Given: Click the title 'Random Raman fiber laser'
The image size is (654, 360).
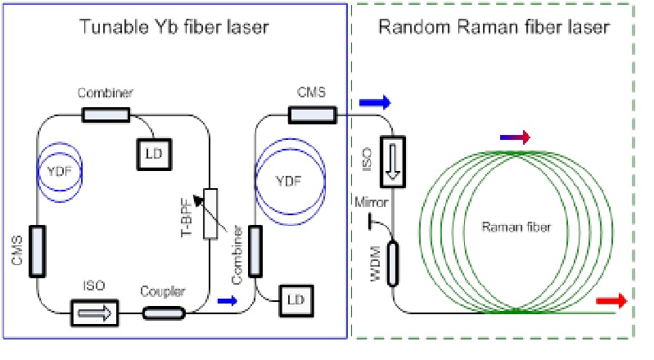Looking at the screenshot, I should coord(494,28).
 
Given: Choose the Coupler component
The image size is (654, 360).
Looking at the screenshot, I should coord(165,312).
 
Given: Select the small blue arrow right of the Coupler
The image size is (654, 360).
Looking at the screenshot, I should coord(229,301).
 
